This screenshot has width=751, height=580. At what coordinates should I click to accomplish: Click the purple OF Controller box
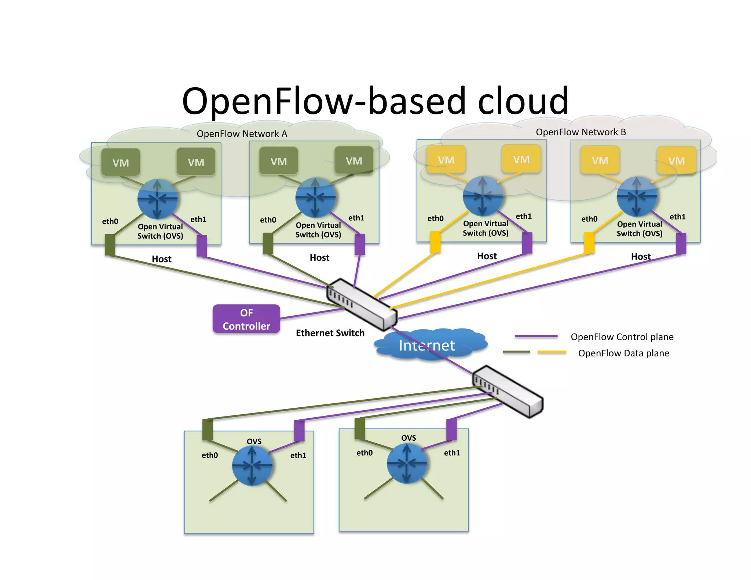pos(246,319)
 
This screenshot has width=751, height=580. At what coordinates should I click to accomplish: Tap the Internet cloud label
pos(426,345)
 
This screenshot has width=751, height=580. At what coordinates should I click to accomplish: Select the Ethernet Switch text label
pos(330,333)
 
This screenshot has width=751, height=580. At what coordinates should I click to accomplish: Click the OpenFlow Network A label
pos(242,134)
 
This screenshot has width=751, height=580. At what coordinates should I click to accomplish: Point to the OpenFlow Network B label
pos(580,132)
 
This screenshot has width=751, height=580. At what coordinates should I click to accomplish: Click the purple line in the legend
pos(536,336)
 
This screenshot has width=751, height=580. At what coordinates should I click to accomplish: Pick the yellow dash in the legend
pos(552,352)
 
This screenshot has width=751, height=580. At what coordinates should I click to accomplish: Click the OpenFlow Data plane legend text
pos(623,353)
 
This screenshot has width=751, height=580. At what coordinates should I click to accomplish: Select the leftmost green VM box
pos(121,162)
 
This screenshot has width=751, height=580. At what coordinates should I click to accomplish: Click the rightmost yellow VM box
pos(676,161)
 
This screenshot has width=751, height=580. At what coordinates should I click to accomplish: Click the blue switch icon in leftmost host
pos(157,199)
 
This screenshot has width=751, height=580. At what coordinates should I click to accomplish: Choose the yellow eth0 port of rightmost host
pos(589,242)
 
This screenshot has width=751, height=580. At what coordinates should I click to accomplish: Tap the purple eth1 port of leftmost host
pos(202,246)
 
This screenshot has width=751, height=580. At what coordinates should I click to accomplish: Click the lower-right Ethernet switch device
pos(508,392)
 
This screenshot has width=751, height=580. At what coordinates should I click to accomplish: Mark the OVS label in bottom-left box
pos(254,441)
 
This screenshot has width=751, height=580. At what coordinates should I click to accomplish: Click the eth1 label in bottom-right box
pos(452,453)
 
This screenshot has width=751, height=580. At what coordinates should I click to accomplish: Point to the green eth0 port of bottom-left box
pos(208,429)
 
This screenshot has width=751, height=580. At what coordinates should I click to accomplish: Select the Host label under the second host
pos(319,258)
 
